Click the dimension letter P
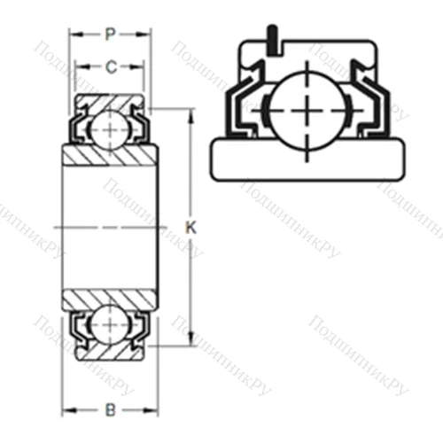109,35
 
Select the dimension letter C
109,66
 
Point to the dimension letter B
109,409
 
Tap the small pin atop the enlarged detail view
272,38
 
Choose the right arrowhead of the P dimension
144,35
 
